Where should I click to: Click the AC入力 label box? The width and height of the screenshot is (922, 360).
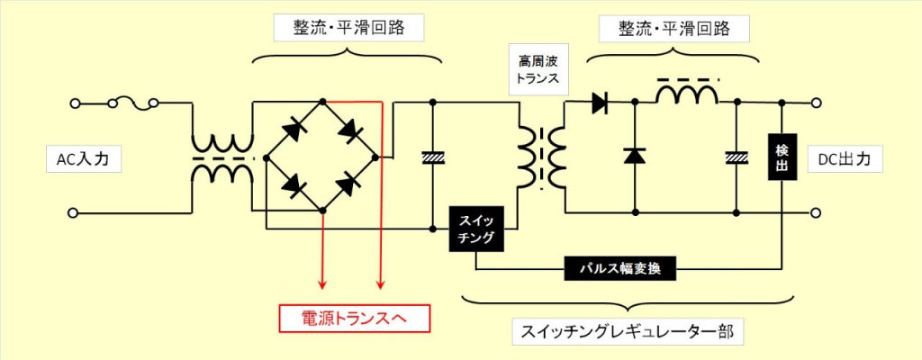pos(84,159)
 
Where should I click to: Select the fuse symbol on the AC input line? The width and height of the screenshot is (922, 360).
pos(132,103)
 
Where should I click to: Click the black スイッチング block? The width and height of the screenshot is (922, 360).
pos(476,229)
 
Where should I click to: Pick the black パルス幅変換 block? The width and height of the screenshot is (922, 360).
pos(619,269)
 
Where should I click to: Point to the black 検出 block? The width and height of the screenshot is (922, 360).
pos(782,157)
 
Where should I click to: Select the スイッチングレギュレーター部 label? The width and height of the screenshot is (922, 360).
pos(627,333)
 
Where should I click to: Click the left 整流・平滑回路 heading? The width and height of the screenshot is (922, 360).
pos(349,27)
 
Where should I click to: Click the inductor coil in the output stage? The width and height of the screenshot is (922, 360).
pos(687,93)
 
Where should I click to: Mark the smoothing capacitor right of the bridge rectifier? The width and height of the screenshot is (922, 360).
pos(433,157)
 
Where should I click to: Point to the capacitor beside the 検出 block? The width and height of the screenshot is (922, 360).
pos(737,157)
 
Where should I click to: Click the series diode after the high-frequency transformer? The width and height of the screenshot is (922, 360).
pos(599,103)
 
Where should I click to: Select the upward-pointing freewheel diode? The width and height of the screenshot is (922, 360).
pos(635,156)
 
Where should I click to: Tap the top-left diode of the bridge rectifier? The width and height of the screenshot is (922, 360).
pos(294,130)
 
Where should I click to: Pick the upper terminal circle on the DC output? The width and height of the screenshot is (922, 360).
pos(817,103)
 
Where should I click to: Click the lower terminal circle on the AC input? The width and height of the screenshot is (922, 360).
pos(75,212)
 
